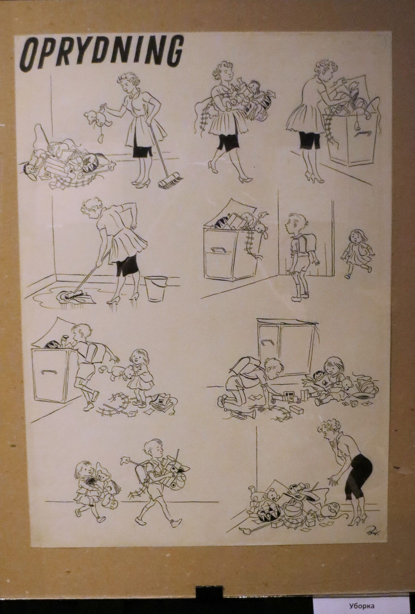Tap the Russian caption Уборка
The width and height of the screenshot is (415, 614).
(x=362, y=605)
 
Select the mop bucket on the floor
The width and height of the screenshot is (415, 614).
(x=156, y=288)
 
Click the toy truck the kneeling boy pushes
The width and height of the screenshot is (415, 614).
(x=286, y=397)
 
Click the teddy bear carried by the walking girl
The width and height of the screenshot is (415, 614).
(x=103, y=477)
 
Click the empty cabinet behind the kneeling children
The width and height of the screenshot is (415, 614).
(x=287, y=346)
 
